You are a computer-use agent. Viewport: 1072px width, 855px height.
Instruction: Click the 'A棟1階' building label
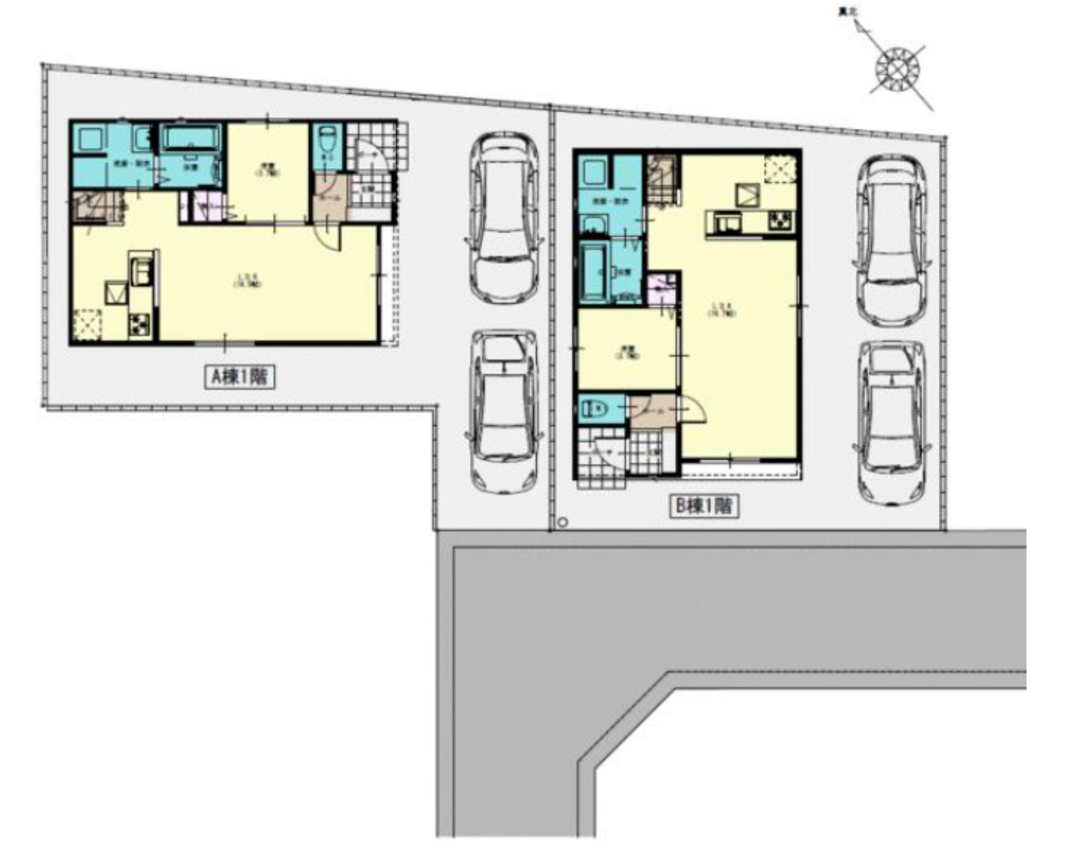pos(240,378)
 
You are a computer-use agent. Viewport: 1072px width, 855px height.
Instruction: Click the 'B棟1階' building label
pos(704,506)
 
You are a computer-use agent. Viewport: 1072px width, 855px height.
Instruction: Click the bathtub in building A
pos(191,138)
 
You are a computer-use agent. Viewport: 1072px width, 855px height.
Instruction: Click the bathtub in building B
pos(594,270)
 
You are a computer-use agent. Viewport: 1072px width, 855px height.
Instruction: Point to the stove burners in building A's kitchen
pos(139,324)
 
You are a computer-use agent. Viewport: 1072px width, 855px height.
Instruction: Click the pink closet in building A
pos(204,206)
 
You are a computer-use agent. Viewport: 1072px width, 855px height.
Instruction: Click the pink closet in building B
pos(662,290)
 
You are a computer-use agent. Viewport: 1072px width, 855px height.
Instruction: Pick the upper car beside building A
pos(503,218)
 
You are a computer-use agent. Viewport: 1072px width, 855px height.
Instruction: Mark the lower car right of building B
pos(893,424)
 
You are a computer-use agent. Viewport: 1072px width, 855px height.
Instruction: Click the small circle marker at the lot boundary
pos(563,523)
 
